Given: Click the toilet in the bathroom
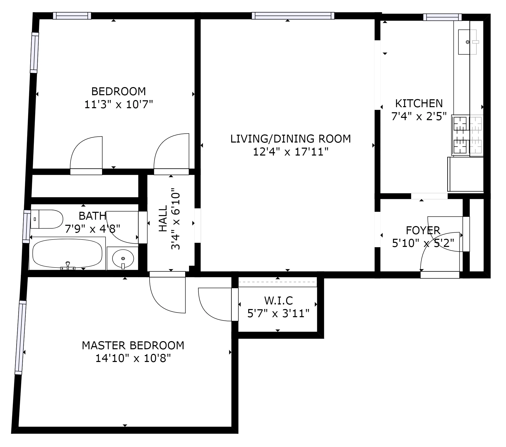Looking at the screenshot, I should [x=47, y=219].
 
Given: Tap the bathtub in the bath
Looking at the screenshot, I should [x=67, y=253].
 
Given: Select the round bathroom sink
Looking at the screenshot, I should [x=123, y=258].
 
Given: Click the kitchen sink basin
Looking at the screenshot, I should [x=467, y=42].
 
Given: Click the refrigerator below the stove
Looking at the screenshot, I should [x=465, y=174].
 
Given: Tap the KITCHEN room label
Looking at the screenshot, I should [x=419, y=104].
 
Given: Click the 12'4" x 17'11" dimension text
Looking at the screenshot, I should [x=291, y=152].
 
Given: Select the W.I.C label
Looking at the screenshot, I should [x=278, y=301].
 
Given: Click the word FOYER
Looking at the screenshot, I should [x=423, y=230].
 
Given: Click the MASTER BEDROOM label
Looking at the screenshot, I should [x=133, y=345].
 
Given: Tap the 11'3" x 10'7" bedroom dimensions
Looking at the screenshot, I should [x=119, y=104].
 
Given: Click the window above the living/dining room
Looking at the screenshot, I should [x=293, y=16].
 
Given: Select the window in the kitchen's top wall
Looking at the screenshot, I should [x=442, y=17].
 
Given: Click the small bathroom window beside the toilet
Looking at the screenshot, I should [x=26, y=226].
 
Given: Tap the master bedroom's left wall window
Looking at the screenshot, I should [x=21, y=337].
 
